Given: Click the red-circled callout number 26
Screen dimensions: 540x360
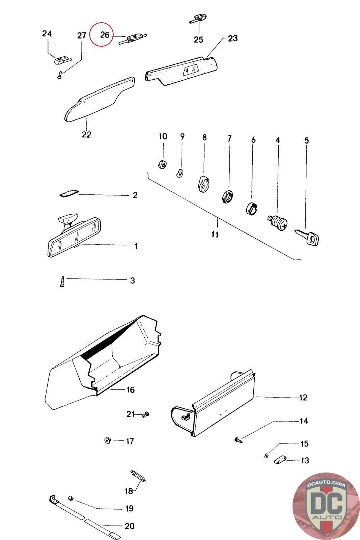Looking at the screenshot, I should click(x=105, y=35).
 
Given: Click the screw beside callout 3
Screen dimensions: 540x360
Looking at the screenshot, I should click(x=62, y=281).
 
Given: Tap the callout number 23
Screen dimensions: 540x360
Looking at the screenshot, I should click(x=233, y=38).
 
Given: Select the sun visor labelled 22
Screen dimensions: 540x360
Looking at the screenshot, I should click(x=98, y=101).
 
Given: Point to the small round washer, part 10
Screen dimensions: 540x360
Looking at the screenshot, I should click(x=163, y=165).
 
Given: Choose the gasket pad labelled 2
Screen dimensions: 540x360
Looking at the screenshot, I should click(x=68, y=194).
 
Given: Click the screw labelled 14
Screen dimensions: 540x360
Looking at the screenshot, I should click(x=239, y=439).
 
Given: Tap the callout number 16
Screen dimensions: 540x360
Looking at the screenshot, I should click(x=131, y=390).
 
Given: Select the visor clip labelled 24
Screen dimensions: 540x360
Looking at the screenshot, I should click(x=61, y=60).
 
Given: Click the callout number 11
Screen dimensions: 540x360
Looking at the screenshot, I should click(x=215, y=234).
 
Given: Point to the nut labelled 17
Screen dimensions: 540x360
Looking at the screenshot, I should click(x=108, y=440).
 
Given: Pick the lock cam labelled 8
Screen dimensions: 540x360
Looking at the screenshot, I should click(x=203, y=184).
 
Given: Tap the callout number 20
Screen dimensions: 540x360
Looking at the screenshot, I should click(x=130, y=526).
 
